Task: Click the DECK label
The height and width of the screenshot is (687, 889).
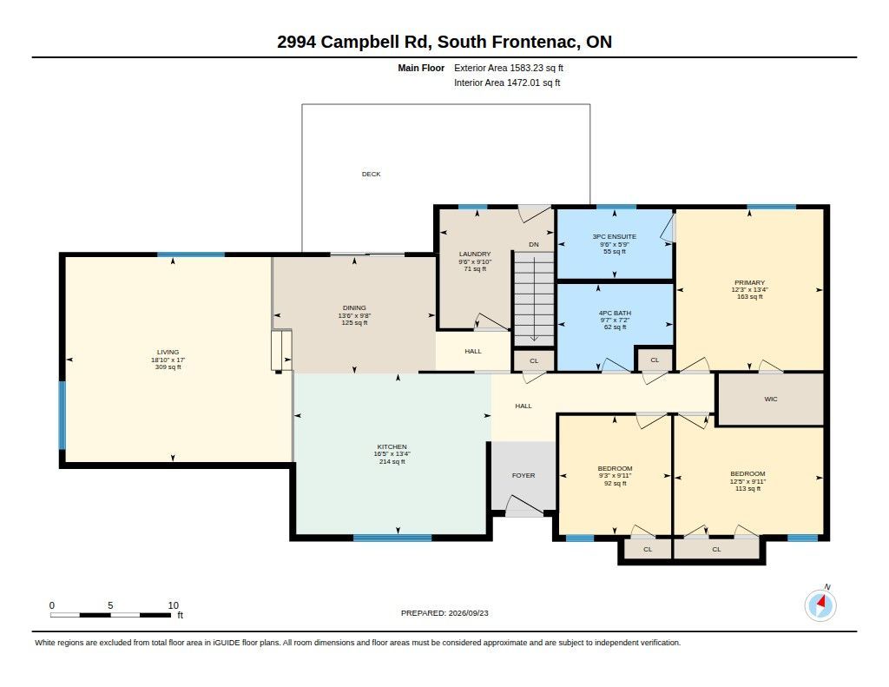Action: click(372, 175)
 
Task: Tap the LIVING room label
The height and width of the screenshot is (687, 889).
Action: click(168, 353)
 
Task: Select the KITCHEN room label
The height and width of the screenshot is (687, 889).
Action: click(392, 447)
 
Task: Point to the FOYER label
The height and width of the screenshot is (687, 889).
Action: click(524, 475)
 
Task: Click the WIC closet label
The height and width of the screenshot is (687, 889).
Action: click(771, 399)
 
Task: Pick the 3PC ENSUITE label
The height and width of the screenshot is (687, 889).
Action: click(615, 236)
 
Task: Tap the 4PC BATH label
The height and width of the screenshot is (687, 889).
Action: click(616, 314)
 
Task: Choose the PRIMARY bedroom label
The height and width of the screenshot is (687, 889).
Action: click(749, 282)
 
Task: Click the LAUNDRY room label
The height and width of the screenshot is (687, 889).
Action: click(475, 254)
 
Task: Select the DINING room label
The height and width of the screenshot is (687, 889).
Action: click(354, 308)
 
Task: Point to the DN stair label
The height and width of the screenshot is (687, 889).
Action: click(534, 245)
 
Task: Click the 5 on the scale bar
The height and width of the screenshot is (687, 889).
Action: click(110, 605)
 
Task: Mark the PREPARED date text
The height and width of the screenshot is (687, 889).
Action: click(444, 613)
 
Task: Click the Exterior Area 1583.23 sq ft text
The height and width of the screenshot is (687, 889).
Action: click(509, 68)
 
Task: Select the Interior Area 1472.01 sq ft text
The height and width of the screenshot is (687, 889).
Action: click(507, 83)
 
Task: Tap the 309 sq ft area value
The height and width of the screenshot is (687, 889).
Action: click(168, 367)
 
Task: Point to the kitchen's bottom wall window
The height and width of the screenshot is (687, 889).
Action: click(392, 538)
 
